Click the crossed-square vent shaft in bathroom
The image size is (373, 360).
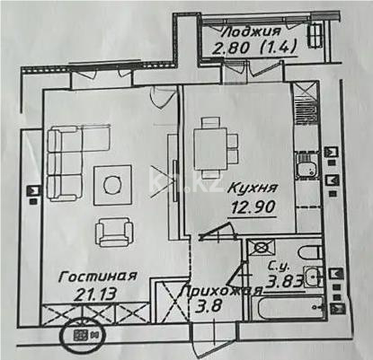(x=262, y=246)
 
